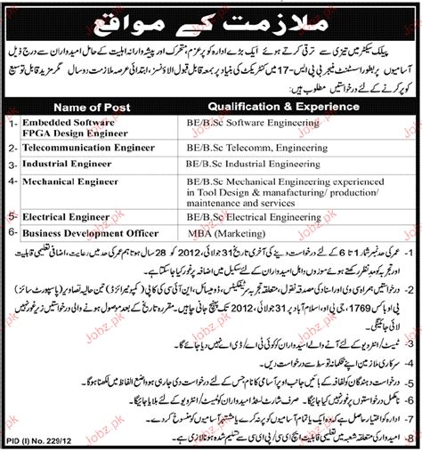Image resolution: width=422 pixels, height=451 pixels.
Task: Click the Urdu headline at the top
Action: [x=211, y=19]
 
